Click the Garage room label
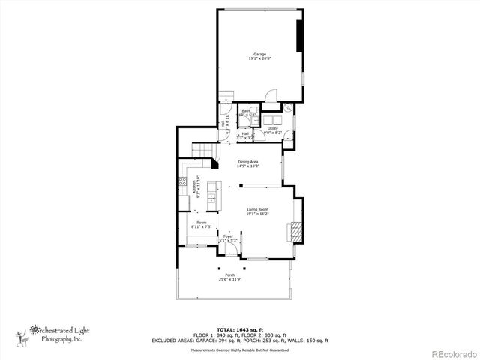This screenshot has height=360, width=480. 260,55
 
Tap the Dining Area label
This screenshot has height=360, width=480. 248,162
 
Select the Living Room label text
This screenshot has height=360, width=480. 257,209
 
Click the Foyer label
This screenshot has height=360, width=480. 228,236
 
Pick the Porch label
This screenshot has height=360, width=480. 230,275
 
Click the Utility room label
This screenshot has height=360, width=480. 273,128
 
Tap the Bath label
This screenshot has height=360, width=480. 246,111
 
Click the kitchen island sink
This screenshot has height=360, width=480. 212,198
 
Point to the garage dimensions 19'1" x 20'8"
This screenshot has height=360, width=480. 260,58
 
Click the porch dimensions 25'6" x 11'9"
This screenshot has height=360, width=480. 230,279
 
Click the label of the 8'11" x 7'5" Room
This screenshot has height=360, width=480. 201,223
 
